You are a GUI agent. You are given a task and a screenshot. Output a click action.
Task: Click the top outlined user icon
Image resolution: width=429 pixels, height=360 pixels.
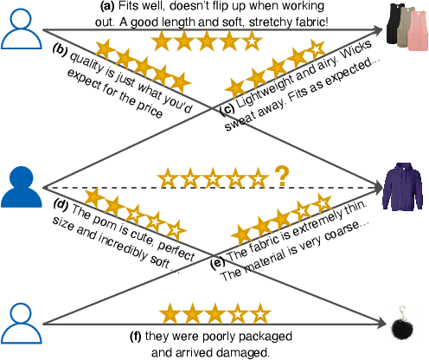point(21,27)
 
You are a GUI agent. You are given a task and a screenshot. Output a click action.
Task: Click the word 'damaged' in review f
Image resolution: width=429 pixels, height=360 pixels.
point(247,352)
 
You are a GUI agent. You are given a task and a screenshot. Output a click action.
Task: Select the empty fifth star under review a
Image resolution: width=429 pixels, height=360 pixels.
point(248,41)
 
